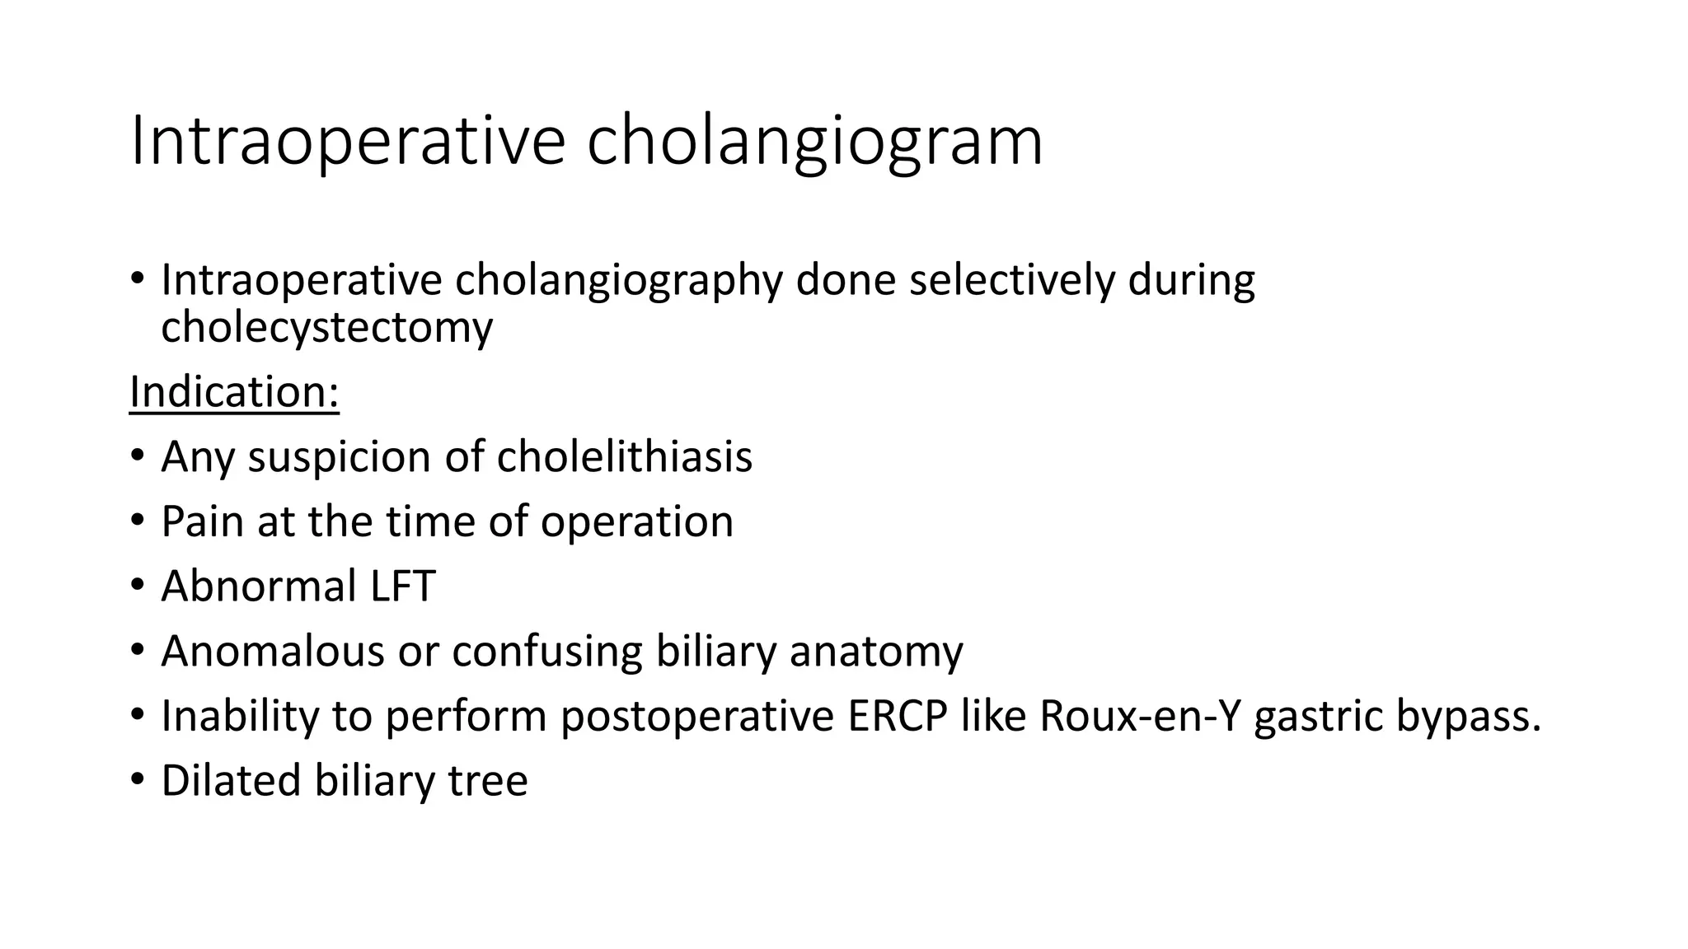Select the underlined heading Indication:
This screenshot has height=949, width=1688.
click(234, 392)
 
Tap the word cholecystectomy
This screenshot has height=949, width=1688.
click(326, 328)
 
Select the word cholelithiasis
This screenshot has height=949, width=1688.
click(625, 457)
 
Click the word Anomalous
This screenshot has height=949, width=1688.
click(273, 652)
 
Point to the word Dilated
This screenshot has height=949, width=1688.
click(231, 781)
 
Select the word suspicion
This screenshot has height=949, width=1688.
click(339, 458)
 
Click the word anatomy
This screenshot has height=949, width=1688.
click(876, 652)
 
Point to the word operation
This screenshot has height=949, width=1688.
click(636, 522)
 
